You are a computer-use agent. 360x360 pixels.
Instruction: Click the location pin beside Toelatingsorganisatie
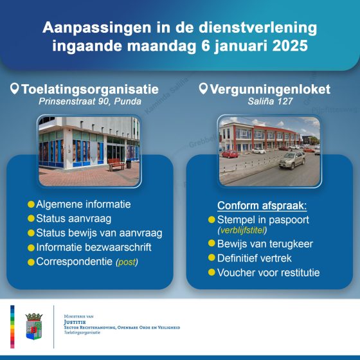tap(14, 89)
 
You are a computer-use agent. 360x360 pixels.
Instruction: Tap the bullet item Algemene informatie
tap(84, 204)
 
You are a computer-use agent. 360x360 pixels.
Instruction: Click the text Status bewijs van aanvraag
tap(99, 233)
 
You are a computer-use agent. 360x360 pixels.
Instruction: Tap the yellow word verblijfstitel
tap(242, 230)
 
